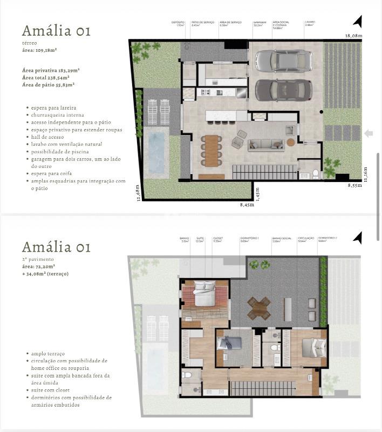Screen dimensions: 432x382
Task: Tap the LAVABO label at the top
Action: pyautogui.click(x=309, y=22)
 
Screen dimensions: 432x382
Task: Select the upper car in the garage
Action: pyautogui.click(x=284, y=60)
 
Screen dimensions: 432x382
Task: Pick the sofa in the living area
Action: pyautogui.click(x=266, y=144)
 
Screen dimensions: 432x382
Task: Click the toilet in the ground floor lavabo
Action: pyautogui.click(x=316, y=174)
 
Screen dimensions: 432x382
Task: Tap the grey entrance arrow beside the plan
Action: pyautogui.click(x=369, y=133)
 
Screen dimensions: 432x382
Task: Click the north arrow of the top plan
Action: pyautogui.click(x=357, y=21)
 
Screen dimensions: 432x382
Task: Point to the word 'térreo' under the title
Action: pyautogui.click(x=30, y=44)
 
